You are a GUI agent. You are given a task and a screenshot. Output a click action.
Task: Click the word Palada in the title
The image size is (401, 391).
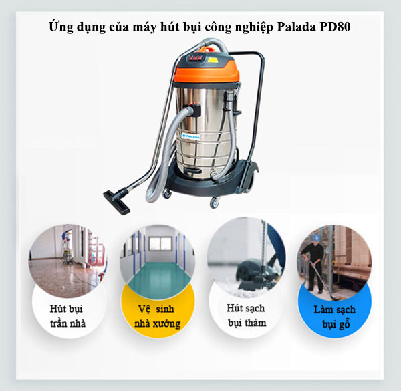(296, 27)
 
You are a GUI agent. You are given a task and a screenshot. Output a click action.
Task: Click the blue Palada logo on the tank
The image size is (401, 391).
(191, 136)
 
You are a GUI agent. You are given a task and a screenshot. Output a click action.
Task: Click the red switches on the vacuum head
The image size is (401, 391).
(196, 59)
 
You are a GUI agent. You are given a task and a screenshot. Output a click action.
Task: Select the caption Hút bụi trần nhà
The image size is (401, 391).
(68, 316)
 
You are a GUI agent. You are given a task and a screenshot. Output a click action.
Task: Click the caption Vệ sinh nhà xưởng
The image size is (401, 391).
(158, 316)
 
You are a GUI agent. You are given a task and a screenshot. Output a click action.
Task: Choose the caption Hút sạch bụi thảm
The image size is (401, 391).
(247, 315)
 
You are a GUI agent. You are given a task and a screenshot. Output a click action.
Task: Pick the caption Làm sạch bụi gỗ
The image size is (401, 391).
(335, 317)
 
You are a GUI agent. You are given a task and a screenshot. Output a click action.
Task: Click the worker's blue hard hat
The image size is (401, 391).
(317, 237)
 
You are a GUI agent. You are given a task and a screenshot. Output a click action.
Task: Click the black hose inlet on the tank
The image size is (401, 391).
(196, 109)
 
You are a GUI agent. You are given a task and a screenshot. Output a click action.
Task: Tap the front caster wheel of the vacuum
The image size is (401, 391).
(214, 203)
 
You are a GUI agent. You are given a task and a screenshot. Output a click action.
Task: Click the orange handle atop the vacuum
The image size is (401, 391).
(207, 49)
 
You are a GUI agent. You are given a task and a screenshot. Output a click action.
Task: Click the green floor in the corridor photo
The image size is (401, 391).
(158, 277)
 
